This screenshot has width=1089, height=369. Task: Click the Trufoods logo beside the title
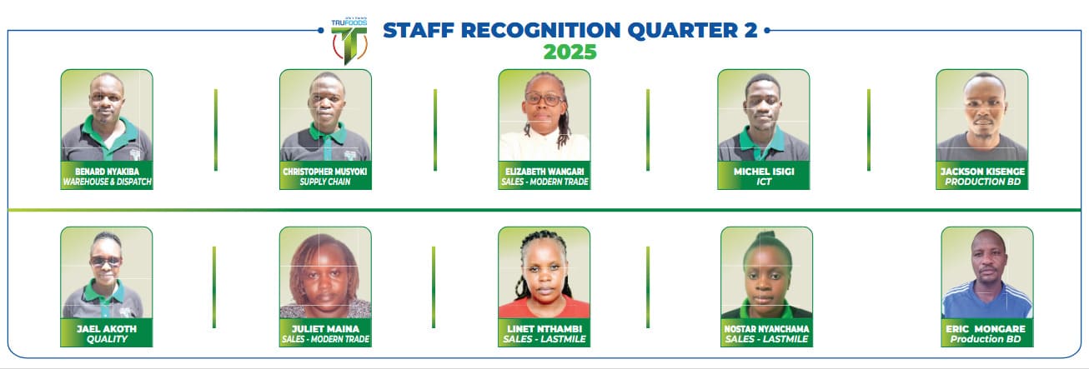click(349, 42)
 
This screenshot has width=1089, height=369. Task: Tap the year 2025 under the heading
click(570, 52)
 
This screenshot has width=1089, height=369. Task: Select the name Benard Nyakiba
click(107, 172)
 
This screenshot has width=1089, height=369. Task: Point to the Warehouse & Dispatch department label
click(107, 182)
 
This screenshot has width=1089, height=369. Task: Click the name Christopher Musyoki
click(324, 172)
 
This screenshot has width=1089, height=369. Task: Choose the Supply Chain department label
click(324, 182)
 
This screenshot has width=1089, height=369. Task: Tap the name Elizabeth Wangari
click(544, 172)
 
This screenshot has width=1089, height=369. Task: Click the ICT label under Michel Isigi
click(764, 182)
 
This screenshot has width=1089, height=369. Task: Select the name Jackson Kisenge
click(982, 172)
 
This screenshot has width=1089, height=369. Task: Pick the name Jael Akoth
click(107, 329)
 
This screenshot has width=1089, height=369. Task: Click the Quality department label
click(107, 339)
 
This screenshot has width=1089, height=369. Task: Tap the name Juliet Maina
click(325, 329)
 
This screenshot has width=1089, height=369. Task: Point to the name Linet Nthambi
click(544, 329)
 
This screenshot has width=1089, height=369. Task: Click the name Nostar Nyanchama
click(766, 329)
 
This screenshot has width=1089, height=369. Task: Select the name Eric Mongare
click(986, 329)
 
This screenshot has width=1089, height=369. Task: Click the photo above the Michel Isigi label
click(764, 116)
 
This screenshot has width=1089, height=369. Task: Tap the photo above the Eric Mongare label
click(987, 273)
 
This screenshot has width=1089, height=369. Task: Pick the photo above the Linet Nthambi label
click(544, 273)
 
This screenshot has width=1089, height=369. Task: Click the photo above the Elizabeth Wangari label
click(544, 116)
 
